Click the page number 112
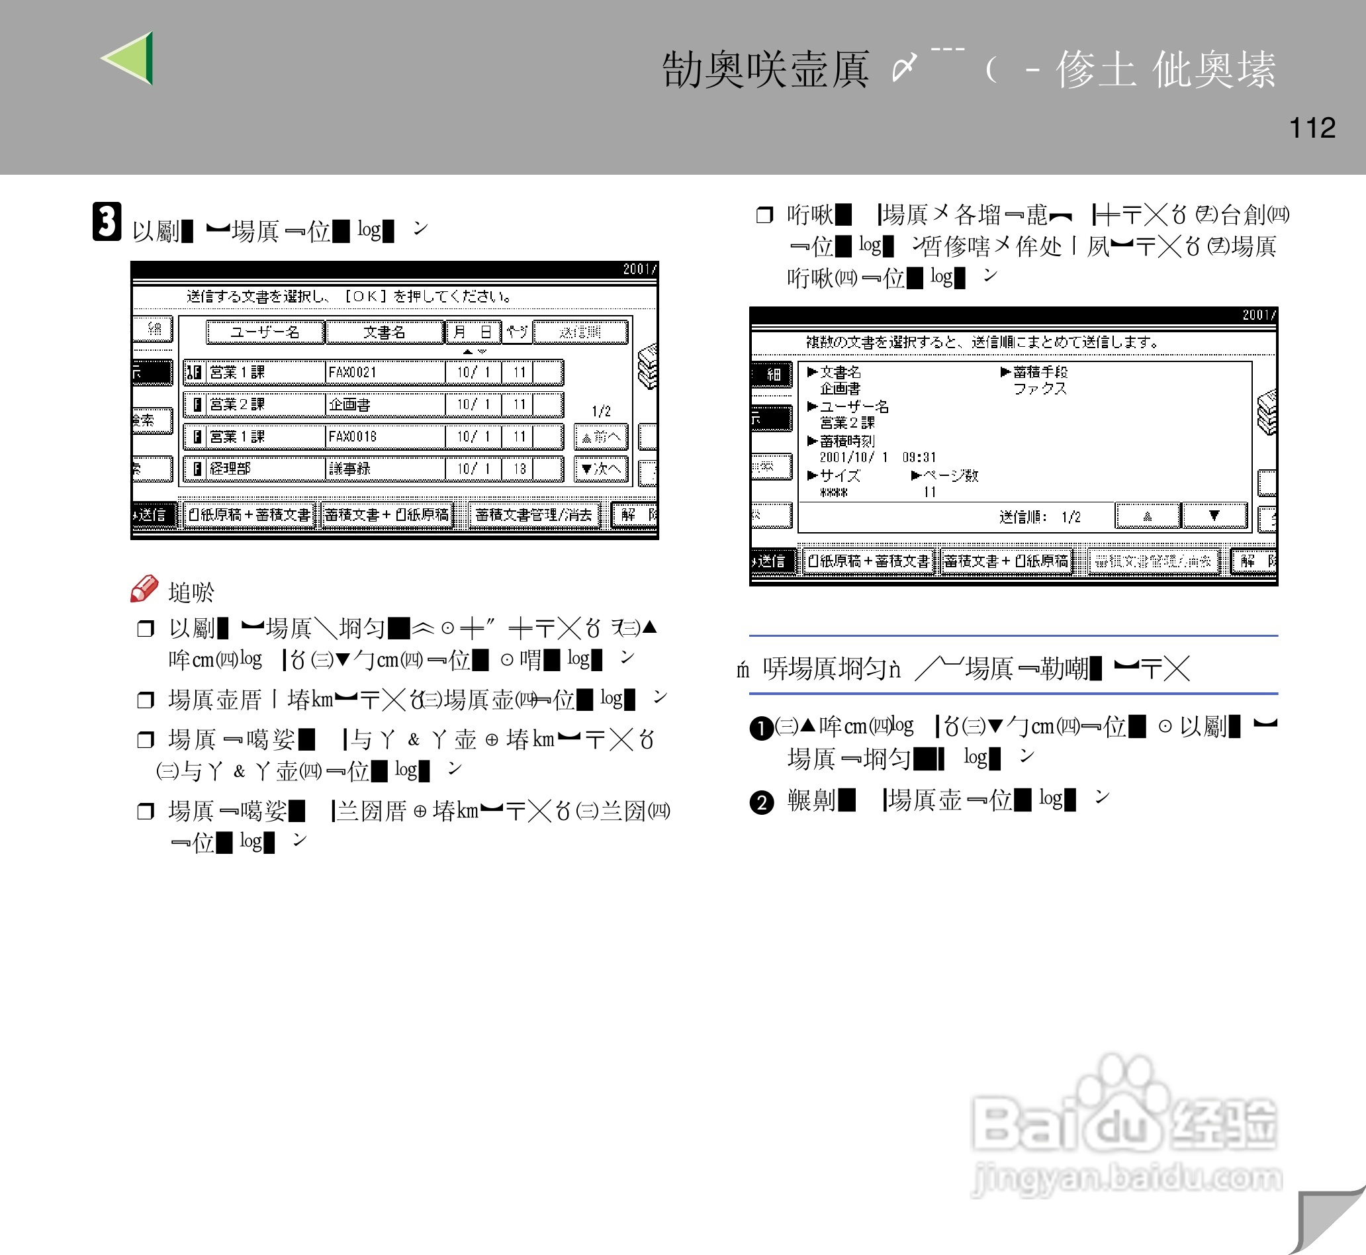point(1312,128)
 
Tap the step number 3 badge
point(107,221)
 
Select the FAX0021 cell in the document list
point(385,372)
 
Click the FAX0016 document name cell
point(385,436)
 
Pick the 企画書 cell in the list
point(385,404)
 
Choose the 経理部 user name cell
point(265,469)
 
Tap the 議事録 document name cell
point(385,469)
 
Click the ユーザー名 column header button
point(265,332)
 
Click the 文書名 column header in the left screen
point(385,332)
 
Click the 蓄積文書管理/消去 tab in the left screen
point(533,515)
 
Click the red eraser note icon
point(144,589)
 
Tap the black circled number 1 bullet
point(761,729)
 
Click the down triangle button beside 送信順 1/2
point(1214,516)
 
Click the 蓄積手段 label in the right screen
point(1040,371)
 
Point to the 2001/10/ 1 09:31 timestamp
point(877,457)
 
